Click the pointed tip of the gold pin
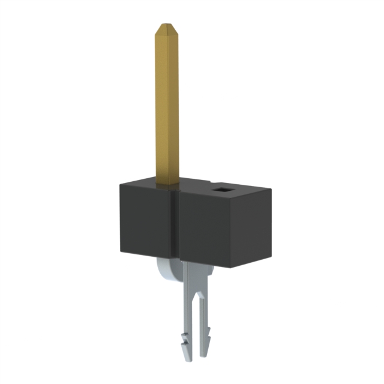[166, 25]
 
